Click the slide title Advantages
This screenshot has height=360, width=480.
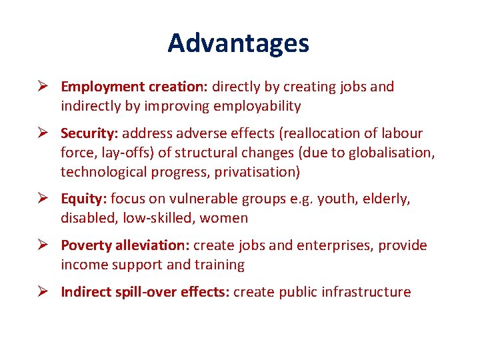(238, 43)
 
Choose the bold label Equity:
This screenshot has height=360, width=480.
(84, 199)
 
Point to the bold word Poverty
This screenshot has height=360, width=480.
(87, 245)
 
